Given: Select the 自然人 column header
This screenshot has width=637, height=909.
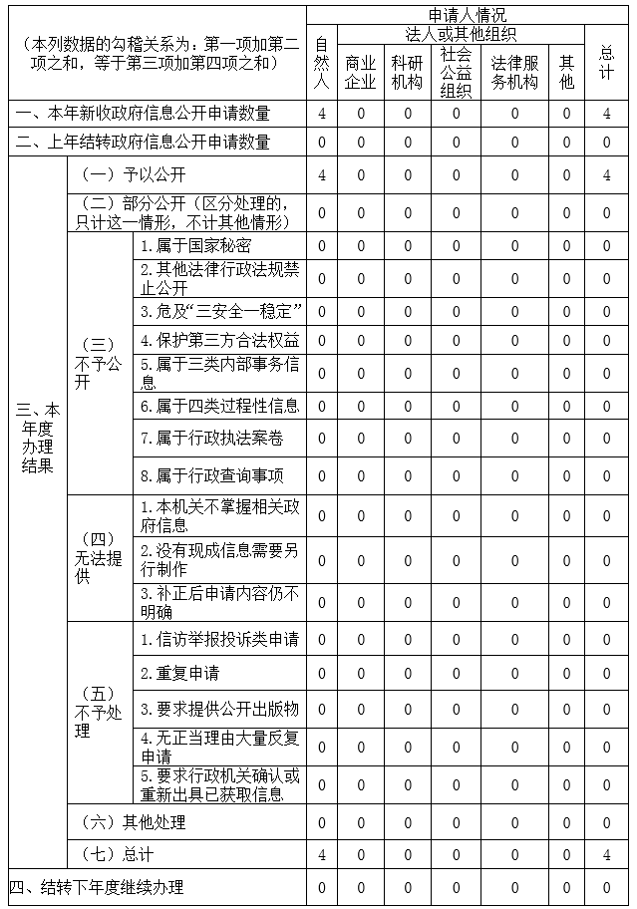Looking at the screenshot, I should pos(321,62).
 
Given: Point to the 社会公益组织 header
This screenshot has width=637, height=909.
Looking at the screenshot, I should pos(456,72).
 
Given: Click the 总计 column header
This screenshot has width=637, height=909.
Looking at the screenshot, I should pos(606,62).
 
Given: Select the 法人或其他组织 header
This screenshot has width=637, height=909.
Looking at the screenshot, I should pos(462,34).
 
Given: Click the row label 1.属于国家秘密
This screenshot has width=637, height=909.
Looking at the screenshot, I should pos(195,246).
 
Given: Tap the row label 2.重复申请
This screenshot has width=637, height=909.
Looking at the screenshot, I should pos(180,674).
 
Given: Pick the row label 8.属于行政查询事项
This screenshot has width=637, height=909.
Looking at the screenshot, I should pos(211,475).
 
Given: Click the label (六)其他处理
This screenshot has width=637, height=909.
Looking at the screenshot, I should pos(134,823).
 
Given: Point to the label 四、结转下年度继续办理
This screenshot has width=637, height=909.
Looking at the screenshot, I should pos(98,887).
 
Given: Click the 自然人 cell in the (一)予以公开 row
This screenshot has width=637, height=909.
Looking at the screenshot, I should pos(321,176).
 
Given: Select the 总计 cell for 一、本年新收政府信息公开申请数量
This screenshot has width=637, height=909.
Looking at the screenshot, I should pos(606,114).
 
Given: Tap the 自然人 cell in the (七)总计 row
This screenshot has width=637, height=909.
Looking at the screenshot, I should pos(321,855).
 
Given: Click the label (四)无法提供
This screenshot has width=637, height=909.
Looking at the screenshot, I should pos(97,558).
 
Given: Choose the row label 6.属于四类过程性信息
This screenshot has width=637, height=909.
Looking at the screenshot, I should pos(219,406).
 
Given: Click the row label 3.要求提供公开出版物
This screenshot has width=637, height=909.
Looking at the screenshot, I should pos(219,709).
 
